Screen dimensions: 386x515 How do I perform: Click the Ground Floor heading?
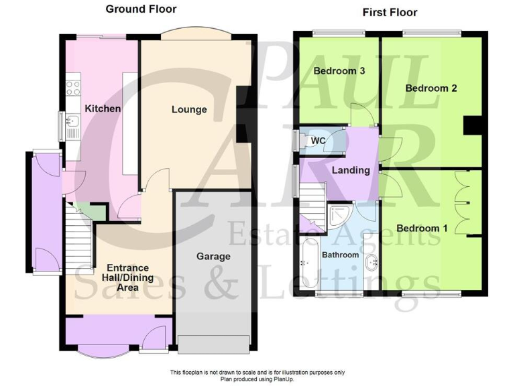coord(141,9)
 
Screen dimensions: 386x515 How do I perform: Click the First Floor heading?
coord(390,12)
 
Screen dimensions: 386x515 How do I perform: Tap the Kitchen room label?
coord(103,109)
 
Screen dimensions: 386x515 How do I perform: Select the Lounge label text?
coord(189,109)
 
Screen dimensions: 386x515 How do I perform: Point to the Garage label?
coord(213,256)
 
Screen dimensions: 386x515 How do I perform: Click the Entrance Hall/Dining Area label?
coord(121,277)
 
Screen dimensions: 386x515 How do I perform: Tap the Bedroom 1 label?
coord(422,229)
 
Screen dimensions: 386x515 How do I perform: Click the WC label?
coord(318,141)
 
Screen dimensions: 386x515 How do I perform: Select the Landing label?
coord(351,170)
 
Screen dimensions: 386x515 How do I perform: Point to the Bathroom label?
coord(341,255)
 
